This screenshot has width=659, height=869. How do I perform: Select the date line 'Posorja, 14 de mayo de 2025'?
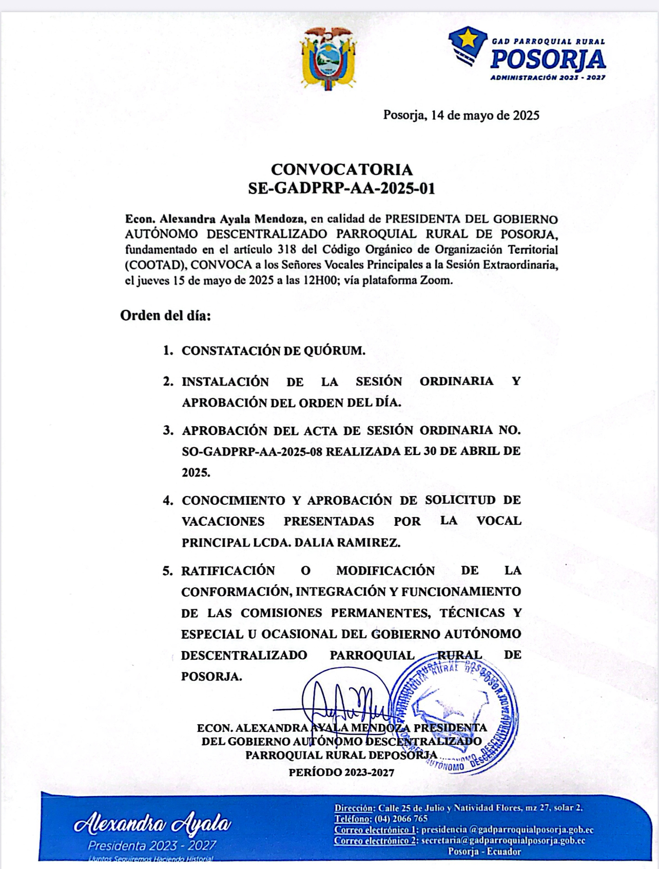click(x=461, y=115)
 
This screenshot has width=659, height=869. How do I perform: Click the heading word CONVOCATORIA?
click(x=341, y=169)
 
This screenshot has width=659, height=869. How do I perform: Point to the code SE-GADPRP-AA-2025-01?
click(x=341, y=189)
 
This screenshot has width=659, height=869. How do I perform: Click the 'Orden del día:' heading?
click(x=165, y=315)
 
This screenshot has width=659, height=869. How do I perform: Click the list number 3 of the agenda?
click(x=168, y=430)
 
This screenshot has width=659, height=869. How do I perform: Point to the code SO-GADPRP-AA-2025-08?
click(x=253, y=451)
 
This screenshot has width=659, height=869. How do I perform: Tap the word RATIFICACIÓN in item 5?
click(x=228, y=570)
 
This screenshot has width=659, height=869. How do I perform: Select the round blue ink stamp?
click(x=454, y=716)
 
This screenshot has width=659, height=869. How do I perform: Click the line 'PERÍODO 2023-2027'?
click(x=341, y=772)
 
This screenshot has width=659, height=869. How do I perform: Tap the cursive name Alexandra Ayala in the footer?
click(x=152, y=823)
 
